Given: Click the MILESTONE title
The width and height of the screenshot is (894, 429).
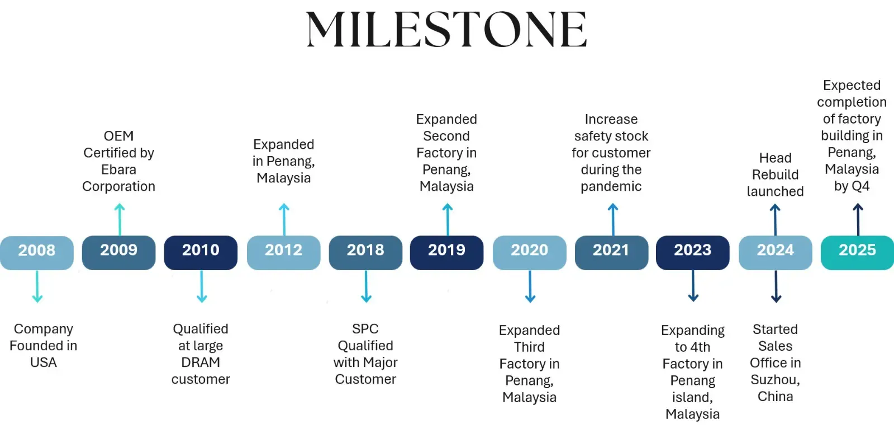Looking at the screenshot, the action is click(446, 29).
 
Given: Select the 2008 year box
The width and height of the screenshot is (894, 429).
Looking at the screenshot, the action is click(37, 253).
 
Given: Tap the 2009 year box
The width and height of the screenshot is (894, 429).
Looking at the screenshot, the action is click(119, 253).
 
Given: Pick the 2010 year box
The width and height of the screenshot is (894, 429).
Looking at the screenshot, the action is click(201, 253).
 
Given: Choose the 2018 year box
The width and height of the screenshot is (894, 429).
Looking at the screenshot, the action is click(365, 253).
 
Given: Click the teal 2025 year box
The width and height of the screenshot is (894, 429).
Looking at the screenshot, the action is click(857, 253).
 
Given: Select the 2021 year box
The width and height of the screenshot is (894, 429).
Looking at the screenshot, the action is click(611, 253).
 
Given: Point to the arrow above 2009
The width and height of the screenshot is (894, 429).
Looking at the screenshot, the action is click(120, 220).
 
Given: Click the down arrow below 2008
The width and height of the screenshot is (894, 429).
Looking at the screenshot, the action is click(37, 286).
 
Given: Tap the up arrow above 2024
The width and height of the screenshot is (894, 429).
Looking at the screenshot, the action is click(775, 220).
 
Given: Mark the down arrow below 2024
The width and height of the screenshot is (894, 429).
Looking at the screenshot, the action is click(776, 286).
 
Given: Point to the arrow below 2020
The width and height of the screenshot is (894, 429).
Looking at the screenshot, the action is click(530, 286).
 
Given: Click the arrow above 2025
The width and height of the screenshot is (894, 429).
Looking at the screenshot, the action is click(858, 220).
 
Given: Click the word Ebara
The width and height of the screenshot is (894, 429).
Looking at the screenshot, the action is click(118, 169).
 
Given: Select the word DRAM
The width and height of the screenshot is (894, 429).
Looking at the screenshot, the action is click(201, 362).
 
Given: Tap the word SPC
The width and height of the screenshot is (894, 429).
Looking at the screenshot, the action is click(365, 329).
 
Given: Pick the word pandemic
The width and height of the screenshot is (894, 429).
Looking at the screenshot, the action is click(611, 187).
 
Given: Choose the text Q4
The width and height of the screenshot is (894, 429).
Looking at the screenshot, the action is click(860, 186).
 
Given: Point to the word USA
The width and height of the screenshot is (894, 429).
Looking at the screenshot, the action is click(44, 362).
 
